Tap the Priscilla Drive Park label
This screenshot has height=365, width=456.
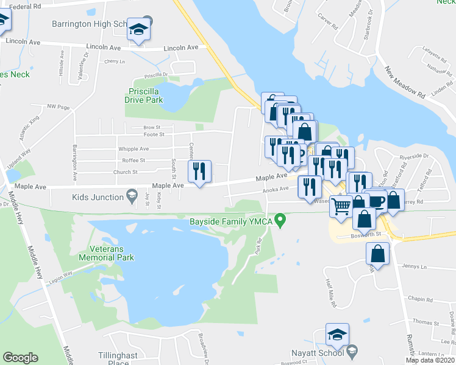click(144, 96)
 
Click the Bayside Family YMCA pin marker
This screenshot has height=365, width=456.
click(280, 220)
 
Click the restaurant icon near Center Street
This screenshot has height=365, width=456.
click(199, 173)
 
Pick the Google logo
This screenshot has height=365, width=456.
click(20, 358)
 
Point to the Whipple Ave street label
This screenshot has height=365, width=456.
click(134, 149)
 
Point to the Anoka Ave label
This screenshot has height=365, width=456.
click(276, 189)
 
